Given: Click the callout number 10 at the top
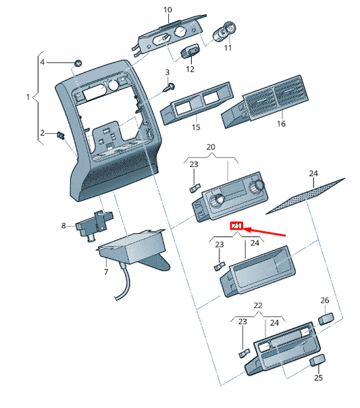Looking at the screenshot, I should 168,10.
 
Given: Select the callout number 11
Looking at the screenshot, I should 227,48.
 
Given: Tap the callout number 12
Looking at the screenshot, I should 190,69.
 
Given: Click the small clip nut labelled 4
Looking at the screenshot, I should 78,63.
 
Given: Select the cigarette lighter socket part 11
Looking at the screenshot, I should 225,32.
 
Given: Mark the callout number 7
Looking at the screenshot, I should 105,272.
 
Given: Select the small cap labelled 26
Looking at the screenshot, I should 326,317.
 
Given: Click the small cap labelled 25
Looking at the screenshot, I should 315,362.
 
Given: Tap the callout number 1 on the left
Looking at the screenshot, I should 28,98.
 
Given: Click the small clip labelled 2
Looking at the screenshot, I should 61,134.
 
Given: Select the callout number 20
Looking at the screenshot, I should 210,147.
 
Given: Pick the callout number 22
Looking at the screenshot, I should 257,306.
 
